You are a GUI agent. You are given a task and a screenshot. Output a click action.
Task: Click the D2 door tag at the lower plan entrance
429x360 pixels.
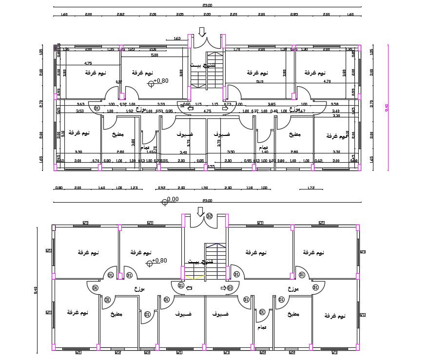click(x=210, y=216)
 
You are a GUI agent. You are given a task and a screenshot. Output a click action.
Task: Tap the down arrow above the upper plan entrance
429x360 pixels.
click(x=202, y=32)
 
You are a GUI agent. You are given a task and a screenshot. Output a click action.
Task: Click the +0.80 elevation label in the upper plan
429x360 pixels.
click(x=160, y=81)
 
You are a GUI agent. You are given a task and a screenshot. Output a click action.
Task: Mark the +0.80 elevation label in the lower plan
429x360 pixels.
click(x=159, y=261)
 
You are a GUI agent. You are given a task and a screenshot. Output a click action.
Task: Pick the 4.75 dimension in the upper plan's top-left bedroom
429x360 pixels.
click(x=88, y=63)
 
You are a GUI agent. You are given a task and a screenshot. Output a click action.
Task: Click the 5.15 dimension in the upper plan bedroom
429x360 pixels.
click(x=259, y=82)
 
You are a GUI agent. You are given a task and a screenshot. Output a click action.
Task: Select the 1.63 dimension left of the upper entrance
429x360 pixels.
click(x=177, y=38)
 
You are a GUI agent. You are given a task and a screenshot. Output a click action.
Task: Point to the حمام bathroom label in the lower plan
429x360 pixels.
click(x=262, y=327)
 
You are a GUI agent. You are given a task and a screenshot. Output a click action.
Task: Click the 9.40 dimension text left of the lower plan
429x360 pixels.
click(x=36, y=291)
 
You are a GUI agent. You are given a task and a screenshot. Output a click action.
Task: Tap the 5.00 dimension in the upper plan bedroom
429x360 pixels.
click(x=155, y=56)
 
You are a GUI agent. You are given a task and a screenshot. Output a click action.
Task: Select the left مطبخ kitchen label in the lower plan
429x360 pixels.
click(x=117, y=314)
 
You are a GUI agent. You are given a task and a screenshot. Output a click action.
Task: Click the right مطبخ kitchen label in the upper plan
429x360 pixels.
click(x=294, y=134)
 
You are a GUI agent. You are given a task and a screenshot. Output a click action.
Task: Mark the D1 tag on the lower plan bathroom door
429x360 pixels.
click(x=262, y=312)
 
